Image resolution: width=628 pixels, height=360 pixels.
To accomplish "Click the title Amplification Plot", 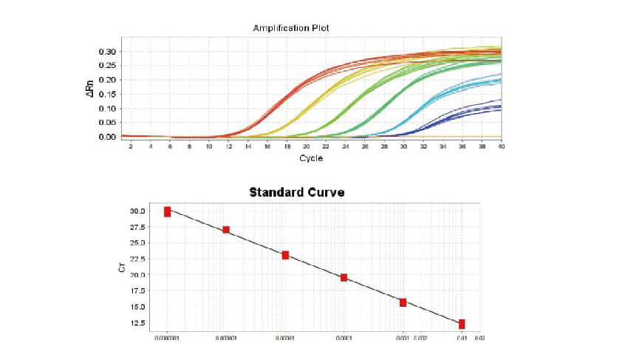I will [x=290, y=28].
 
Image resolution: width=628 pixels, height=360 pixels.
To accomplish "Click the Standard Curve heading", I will [x=296, y=192].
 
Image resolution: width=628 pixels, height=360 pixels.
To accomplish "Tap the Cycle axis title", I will [x=310, y=159].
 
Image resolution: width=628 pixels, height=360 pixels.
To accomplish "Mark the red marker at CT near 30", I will [x=167, y=212].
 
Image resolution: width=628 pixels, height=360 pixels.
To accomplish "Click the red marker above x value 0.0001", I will [x=344, y=277].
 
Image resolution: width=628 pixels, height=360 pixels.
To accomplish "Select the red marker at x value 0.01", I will [x=462, y=324].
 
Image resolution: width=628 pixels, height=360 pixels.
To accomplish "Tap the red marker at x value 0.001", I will [x=403, y=302].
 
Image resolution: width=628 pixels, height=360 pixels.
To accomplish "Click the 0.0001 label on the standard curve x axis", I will [x=344, y=339].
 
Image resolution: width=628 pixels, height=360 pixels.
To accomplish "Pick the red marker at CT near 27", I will [x=226, y=230].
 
